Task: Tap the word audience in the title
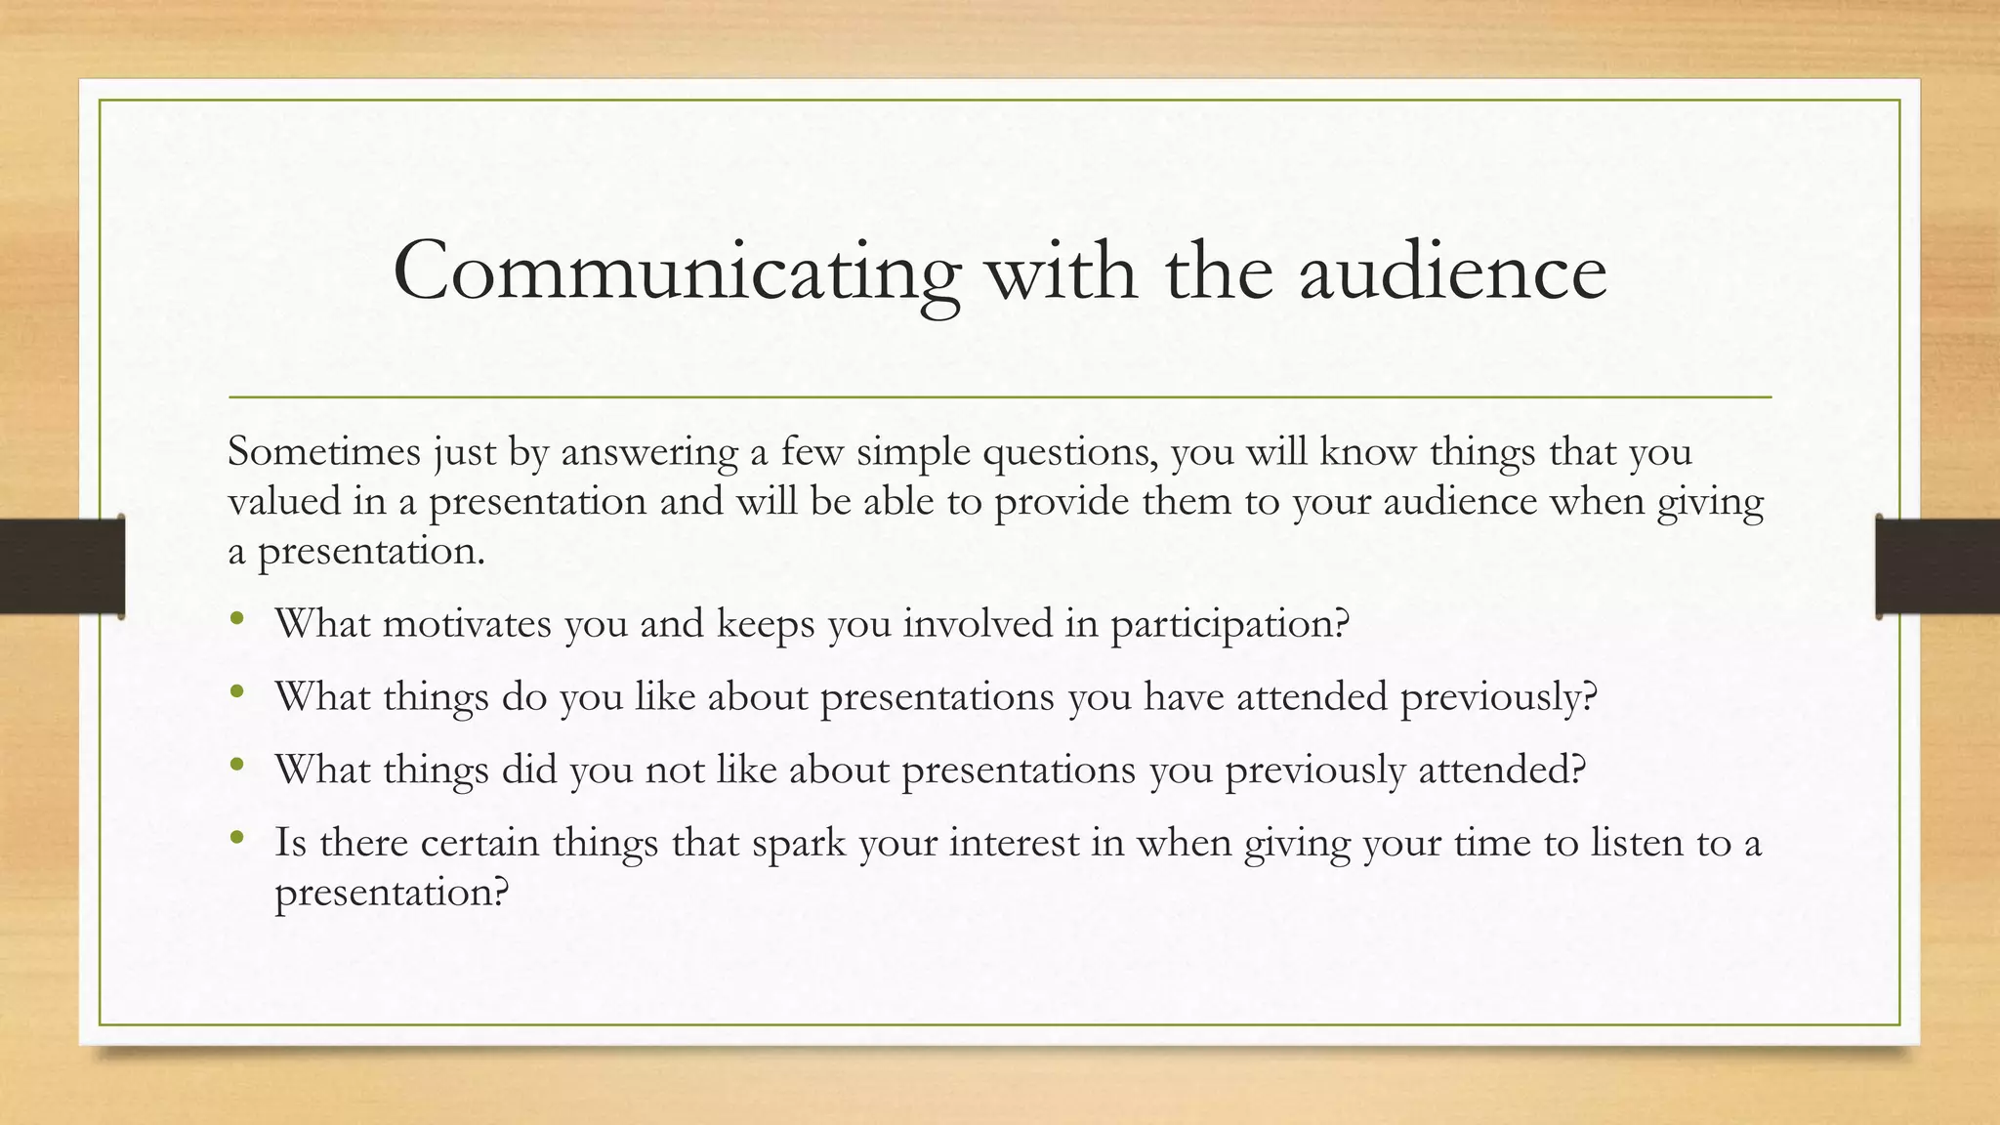pyautogui.click(x=1452, y=271)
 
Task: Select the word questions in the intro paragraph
pyautogui.click(x=1069, y=452)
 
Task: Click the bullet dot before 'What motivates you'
pyautogui.click(x=237, y=619)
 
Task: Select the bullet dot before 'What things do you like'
pyautogui.click(x=237, y=692)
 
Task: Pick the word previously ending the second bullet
pyautogui.click(x=1498, y=697)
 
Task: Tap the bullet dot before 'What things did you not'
pyautogui.click(x=237, y=766)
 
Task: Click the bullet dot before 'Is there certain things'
pyautogui.click(x=237, y=838)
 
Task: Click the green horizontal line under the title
pyautogui.click(x=1000, y=397)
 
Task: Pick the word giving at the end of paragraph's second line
pyautogui.click(x=1710, y=502)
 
